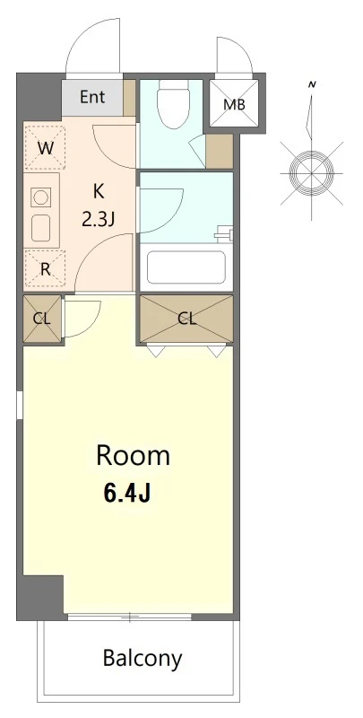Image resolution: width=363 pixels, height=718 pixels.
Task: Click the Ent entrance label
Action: tap(92, 97)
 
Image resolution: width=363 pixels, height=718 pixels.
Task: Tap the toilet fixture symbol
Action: tap(173, 102)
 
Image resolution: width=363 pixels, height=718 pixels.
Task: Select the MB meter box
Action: tap(234, 104)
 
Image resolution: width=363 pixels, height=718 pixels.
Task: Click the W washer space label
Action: tap(45, 148)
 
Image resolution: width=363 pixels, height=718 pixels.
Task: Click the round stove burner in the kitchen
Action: tap(40, 197)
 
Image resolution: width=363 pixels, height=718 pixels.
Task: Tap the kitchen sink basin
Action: tap(40, 228)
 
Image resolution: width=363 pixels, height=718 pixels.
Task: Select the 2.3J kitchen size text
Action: tap(98, 220)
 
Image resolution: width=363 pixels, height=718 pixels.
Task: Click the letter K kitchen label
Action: tap(99, 191)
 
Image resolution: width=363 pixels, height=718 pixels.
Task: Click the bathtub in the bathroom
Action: tap(186, 267)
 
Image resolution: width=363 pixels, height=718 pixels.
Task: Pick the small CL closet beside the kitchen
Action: tap(42, 320)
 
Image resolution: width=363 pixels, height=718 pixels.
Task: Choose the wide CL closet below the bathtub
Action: tap(186, 319)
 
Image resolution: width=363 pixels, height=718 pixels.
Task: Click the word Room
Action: tap(133, 456)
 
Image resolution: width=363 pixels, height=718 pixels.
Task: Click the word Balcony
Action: tap(143, 659)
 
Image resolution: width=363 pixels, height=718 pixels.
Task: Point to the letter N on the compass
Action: tap(313, 84)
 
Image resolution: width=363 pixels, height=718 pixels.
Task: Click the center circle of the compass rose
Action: tap(311, 173)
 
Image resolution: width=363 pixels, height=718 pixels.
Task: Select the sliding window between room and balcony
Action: tap(130, 617)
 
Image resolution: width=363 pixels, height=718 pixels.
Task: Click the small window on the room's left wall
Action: tap(20, 405)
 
